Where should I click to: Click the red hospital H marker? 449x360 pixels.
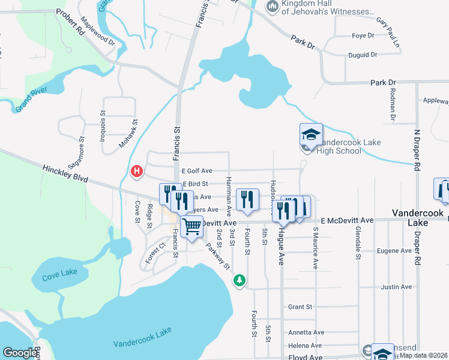(x=137, y=172)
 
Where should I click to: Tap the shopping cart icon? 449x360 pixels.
(x=191, y=227)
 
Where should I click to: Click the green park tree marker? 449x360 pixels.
(x=240, y=280)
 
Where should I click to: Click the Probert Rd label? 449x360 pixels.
(x=70, y=21)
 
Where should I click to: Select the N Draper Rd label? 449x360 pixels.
(x=415, y=149)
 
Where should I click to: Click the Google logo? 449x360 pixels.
(x=20, y=353)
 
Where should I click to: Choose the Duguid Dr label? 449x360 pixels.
(x=363, y=55)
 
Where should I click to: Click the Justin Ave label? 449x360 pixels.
(x=396, y=287)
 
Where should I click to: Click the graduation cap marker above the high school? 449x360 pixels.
(x=311, y=134)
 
